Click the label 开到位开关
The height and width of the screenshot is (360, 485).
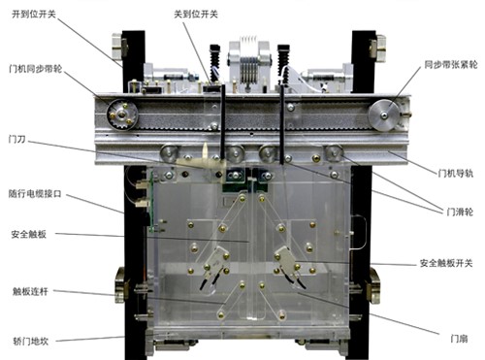pos(34,15)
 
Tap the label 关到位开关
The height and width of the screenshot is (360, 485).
pos(196,15)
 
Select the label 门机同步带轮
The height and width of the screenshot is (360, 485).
pos(36,69)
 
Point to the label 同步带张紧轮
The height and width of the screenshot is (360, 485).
pos(451,65)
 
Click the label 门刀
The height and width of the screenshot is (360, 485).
pos(16,140)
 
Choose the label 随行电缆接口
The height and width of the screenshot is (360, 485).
pos(35,194)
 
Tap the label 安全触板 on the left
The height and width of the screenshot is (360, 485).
pos(29,234)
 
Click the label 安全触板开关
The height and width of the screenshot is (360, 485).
pos(446,263)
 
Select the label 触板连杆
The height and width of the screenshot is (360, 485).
pos(30,291)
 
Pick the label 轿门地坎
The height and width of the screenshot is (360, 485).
pos(31,341)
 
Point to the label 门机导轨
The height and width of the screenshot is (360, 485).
pos(456,174)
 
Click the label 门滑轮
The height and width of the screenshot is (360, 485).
pos(460,212)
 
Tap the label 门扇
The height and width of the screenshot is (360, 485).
pos(459,339)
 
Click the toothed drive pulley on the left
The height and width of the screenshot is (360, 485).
pos(122,115)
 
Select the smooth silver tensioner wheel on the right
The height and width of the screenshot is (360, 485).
pos(383,115)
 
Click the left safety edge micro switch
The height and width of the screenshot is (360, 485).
pos(216,260)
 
